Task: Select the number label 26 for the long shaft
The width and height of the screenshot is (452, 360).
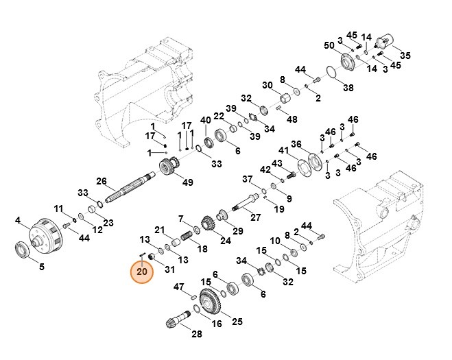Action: pos(102,182)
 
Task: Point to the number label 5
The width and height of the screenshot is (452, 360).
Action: pos(41,267)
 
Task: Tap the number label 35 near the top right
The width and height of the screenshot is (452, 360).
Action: pos(405,56)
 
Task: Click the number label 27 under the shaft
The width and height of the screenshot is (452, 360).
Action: pos(255,217)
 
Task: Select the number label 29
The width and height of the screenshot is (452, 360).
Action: pos(238,230)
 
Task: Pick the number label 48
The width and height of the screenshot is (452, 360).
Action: pos(292,119)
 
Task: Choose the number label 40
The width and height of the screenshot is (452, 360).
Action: pos(205,121)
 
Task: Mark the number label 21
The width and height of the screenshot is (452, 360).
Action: pos(159,230)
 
